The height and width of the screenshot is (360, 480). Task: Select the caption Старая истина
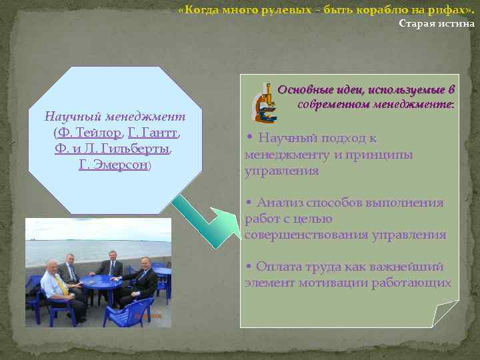coord(437,24)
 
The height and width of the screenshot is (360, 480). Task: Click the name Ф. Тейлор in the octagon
coord(89,132)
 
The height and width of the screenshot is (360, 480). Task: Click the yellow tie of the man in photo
coord(61,285)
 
